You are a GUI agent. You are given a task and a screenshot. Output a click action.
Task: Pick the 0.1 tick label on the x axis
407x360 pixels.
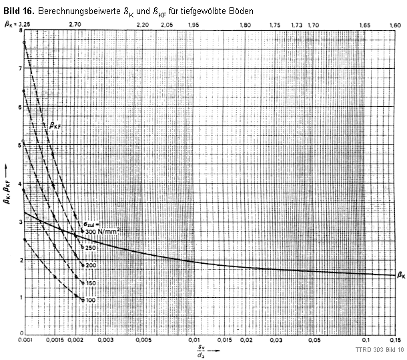[365, 341]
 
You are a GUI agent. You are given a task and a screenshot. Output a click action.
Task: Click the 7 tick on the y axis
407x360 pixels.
[21, 68]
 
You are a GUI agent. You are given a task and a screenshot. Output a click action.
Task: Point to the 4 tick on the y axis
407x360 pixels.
[21, 183]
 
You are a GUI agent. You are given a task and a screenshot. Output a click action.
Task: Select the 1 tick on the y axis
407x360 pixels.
[21, 297]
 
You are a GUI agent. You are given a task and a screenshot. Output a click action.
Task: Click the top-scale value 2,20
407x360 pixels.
[142, 25]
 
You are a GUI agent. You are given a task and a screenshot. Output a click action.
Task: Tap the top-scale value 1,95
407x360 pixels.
[193, 25]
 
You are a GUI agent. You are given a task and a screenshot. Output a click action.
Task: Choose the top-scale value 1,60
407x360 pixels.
[395, 25]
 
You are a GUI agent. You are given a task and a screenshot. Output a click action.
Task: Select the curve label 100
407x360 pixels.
[90, 300]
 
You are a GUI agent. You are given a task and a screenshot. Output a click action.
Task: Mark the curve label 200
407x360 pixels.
[90, 265]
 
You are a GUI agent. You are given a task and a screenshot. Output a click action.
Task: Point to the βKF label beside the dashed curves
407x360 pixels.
[59, 124]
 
